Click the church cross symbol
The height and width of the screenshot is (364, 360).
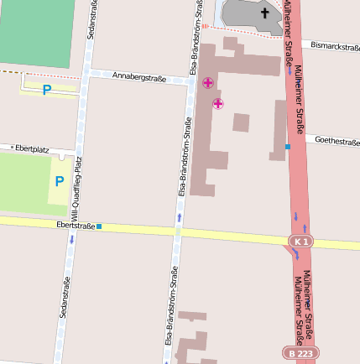click(265, 13)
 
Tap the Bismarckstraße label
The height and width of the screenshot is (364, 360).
click(335, 44)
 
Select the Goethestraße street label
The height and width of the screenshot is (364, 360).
click(337, 141)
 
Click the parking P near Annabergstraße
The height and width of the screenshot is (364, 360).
click(47, 89)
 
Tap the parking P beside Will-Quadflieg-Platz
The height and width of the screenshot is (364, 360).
click(59, 180)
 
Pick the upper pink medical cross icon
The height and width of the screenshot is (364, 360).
click(207, 82)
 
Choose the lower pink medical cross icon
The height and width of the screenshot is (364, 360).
click(218, 103)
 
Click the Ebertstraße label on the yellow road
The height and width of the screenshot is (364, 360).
click(75, 225)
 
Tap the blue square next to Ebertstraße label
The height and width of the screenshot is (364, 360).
click(99, 226)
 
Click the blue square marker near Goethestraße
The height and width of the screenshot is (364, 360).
click(287, 147)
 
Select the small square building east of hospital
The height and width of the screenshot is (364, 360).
click(241, 122)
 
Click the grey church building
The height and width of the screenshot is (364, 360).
click(252, 17)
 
